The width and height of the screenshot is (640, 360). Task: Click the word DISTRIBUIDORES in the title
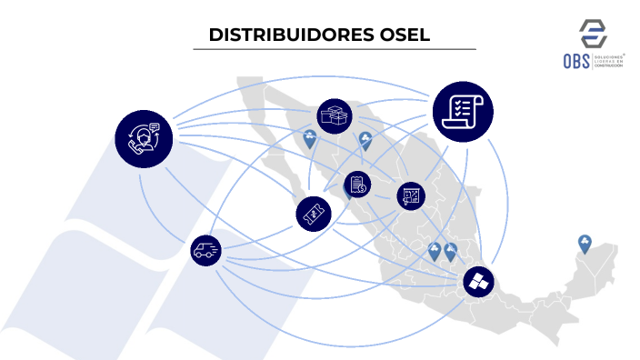coord(281,35)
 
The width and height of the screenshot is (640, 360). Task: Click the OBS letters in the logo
coord(576,61)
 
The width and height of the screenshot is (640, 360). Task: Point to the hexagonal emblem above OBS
coord(594,32)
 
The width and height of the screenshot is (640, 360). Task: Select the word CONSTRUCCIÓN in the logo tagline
coord(609,67)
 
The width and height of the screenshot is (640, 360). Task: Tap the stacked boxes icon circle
coord(335,116)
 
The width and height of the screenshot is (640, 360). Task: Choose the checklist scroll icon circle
coord(463,112)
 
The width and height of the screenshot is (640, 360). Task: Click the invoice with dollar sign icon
coord(356,185)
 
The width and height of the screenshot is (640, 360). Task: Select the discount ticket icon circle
coord(312,214)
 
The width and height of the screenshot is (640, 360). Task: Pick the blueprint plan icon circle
coord(411,195)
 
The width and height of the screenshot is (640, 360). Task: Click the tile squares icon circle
coord(479,282)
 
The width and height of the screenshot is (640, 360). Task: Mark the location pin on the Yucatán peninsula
coord(585,244)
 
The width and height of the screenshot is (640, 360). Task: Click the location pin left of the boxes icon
coord(310,139)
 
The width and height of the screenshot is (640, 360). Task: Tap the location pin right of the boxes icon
coord(365,139)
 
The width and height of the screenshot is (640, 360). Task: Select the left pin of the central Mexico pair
coord(435,251)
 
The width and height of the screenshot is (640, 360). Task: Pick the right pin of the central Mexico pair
coord(450,251)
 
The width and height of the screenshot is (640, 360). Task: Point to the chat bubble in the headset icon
coord(154,128)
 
